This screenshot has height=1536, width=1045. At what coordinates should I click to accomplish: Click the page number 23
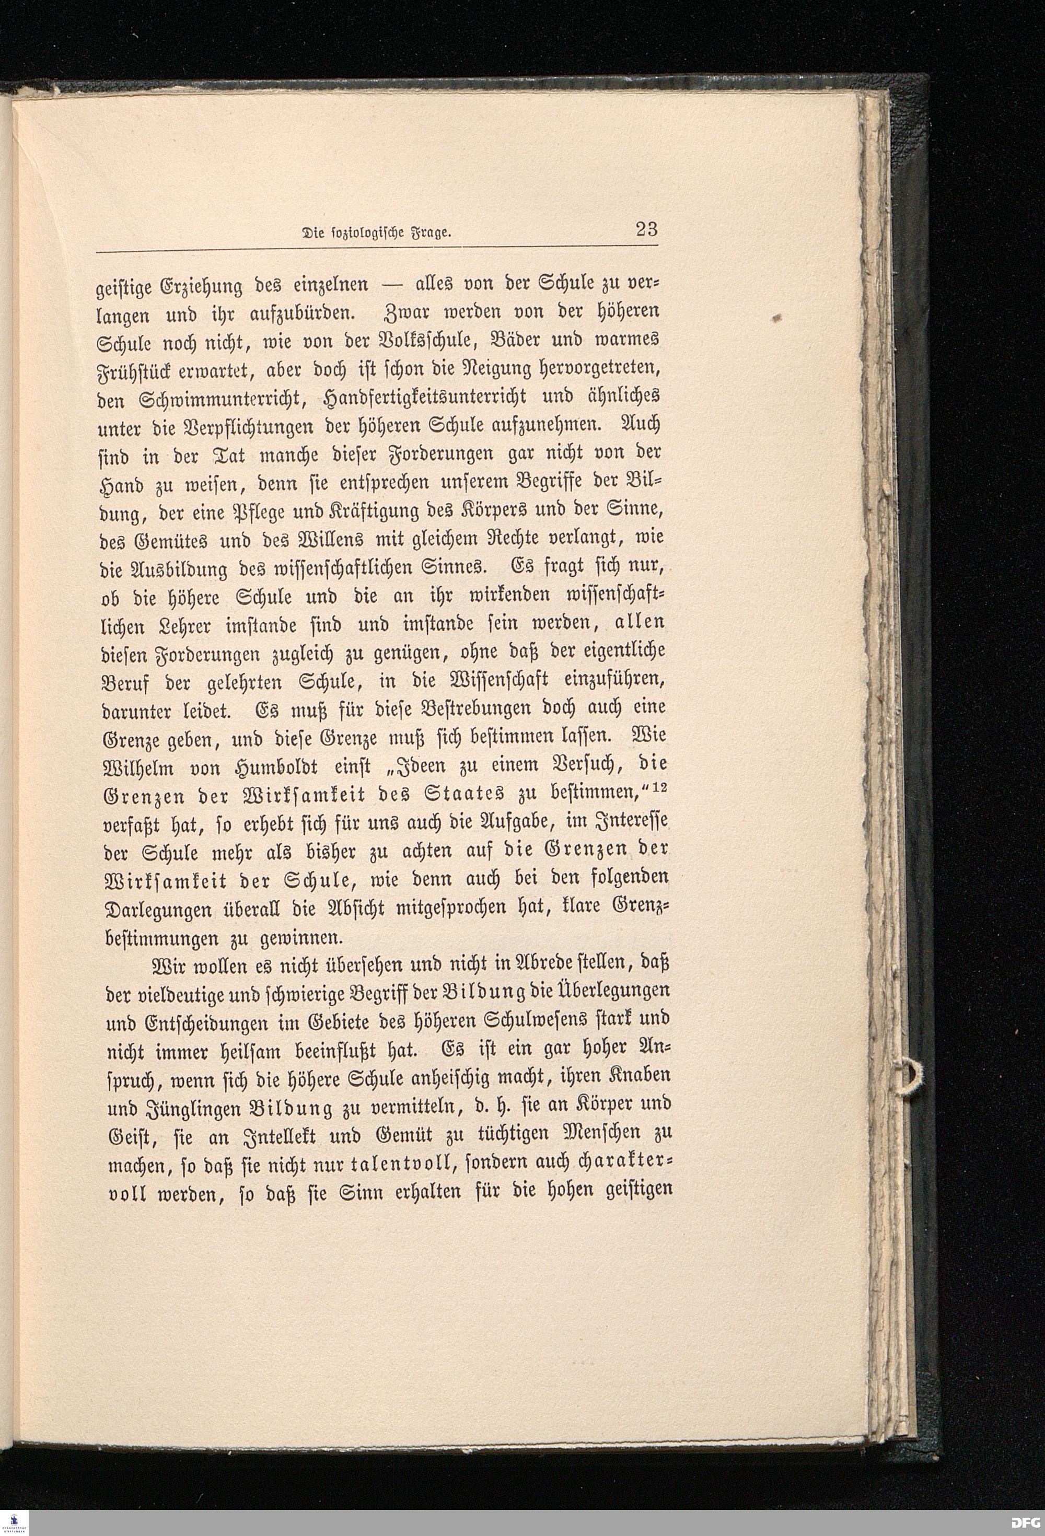(646, 229)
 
